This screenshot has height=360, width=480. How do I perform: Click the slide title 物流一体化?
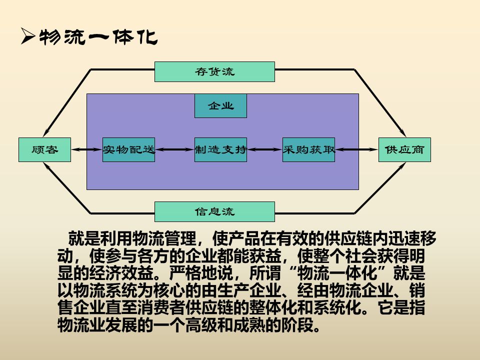click(98, 38)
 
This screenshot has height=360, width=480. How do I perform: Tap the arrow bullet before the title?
click(27, 38)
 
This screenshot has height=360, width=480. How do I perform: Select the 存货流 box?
click(214, 71)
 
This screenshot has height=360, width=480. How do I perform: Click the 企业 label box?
click(220, 106)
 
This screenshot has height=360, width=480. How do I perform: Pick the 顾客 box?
click(44, 149)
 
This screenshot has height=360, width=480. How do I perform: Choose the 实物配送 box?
click(128, 149)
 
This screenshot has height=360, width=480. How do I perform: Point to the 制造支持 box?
click(220, 149)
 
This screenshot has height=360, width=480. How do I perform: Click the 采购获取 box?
click(308, 149)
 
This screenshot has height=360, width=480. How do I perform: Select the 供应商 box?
click(404, 149)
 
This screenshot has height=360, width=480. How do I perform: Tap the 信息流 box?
click(214, 211)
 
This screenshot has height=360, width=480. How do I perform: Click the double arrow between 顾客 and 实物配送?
click(86, 149)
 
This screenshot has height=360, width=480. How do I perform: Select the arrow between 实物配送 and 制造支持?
click(174, 149)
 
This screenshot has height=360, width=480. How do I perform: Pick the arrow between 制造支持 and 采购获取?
click(264, 149)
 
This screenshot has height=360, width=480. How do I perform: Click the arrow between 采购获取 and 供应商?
click(356, 149)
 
